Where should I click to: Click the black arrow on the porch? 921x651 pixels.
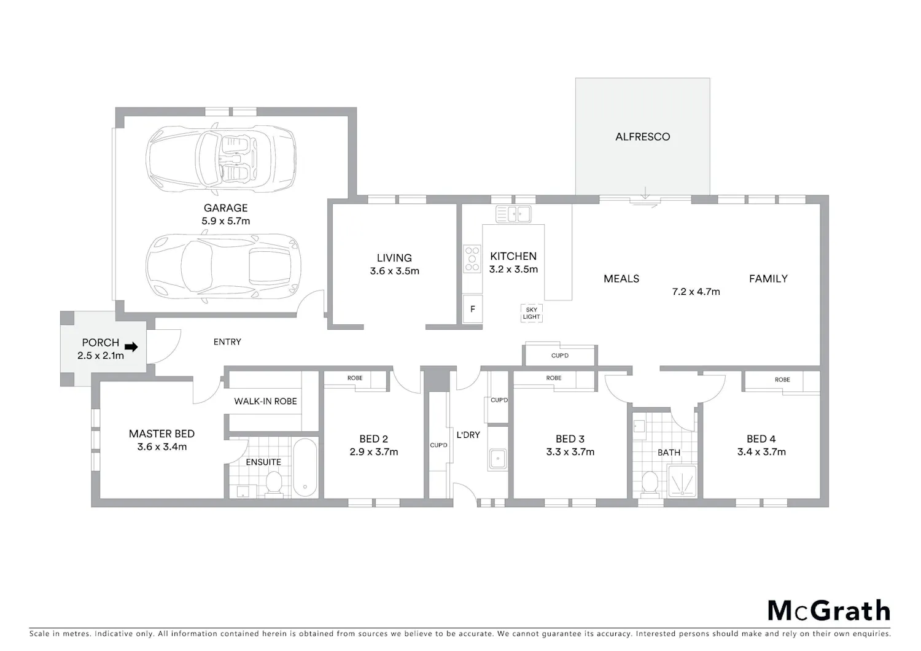131,347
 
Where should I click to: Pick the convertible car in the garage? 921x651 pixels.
221,159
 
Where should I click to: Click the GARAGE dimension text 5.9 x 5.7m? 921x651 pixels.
226,221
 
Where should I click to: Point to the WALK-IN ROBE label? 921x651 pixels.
266,401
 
